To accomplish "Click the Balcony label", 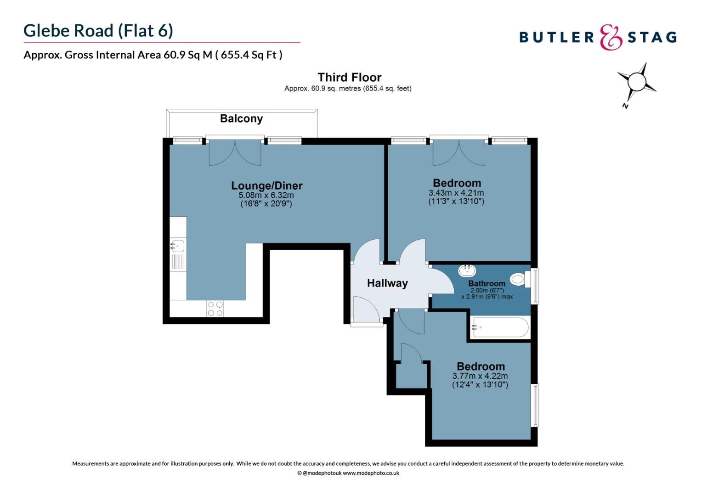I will (241, 118).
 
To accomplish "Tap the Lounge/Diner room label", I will (266, 186).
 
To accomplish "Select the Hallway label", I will (387, 283).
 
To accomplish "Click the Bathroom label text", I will (487, 283).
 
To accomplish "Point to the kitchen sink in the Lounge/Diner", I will (177, 246).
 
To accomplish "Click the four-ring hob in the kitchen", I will (215, 309).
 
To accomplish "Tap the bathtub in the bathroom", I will (500, 327).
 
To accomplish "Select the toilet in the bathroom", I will (519, 279).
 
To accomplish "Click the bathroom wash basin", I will (467, 270).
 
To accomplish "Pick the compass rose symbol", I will (636, 83).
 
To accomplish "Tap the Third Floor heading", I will (349, 77).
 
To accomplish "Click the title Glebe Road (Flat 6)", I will (98, 30).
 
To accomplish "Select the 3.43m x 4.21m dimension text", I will (456, 193).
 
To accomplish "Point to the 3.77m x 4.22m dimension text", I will (480, 376).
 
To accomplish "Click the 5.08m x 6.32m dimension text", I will (266, 195).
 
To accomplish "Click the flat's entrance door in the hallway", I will (366, 310).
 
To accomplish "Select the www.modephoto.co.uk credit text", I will (371, 473).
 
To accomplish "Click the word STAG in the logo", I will (652, 37).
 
